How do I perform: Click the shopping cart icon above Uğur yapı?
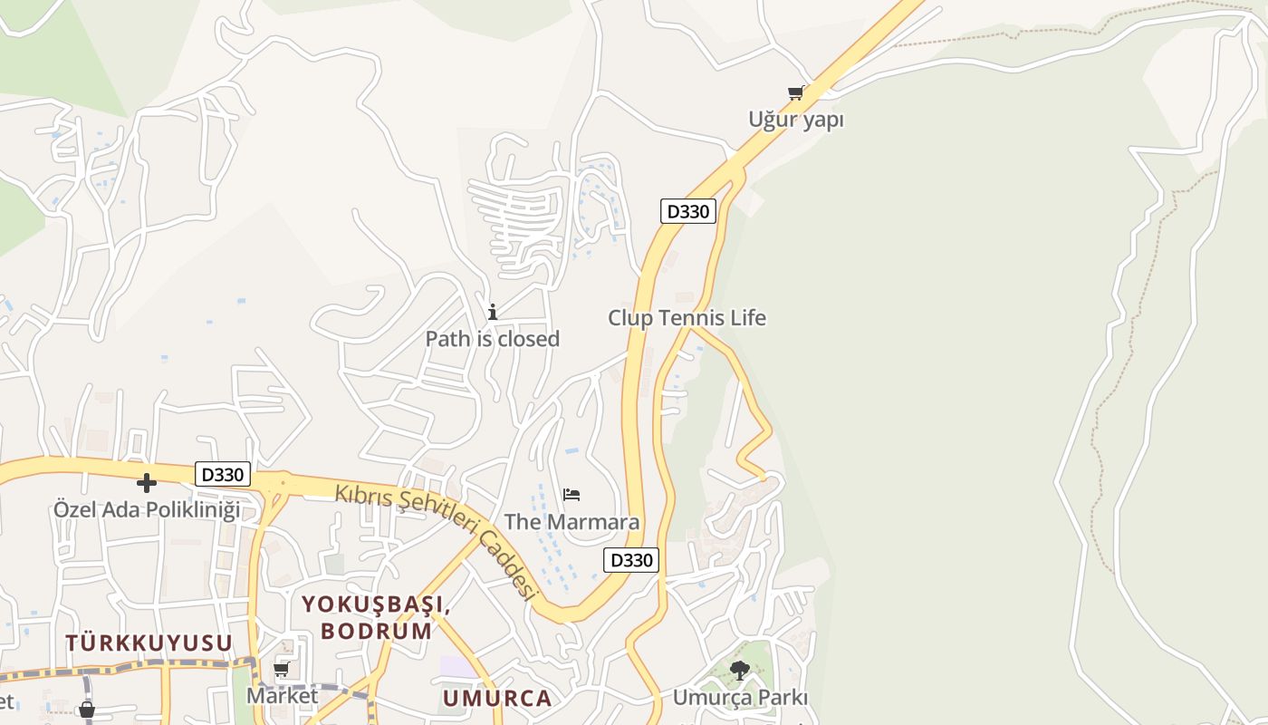796,92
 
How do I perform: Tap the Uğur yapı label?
796,120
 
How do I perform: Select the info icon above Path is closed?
493,313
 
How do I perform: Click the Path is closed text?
493,339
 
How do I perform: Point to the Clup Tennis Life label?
687,318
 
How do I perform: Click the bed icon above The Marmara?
572,495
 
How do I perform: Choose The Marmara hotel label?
572,522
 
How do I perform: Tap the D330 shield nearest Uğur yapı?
688,211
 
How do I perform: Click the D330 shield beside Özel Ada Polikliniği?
223,474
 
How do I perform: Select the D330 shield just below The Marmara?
631,560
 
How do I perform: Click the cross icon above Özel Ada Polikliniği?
147,483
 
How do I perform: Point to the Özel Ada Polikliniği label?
147,509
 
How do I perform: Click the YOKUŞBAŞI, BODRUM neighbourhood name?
376,617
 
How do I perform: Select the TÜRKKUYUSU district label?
149,643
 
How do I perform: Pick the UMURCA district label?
497,699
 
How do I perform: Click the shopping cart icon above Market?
282,670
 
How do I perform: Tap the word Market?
283,696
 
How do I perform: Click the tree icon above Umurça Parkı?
740,671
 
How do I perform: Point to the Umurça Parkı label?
740,698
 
